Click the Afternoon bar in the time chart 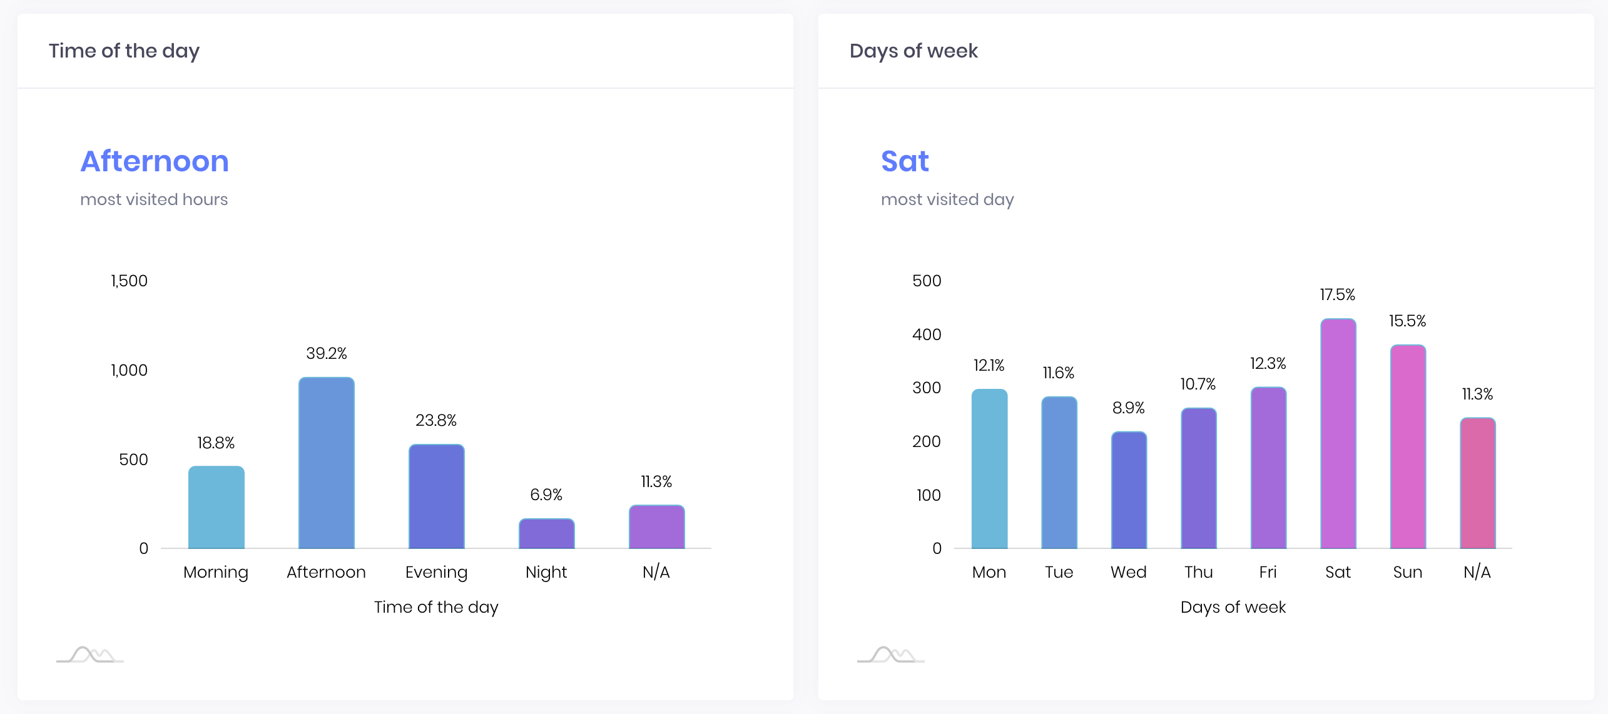pyautogui.click(x=326, y=463)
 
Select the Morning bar pyautogui.click(x=216, y=507)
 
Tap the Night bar pyautogui.click(x=546, y=533)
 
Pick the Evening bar pyautogui.click(x=436, y=496)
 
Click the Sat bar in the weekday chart pyautogui.click(x=1338, y=434)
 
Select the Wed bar pyautogui.click(x=1129, y=490)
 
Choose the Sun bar pyautogui.click(x=1408, y=447)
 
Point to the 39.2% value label pyautogui.click(x=326, y=353)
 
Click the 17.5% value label pyautogui.click(x=1338, y=294)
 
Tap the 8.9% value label pyautogui.click(x=1129, y=408)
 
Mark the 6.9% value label pyautogui.click(x=546, y=495)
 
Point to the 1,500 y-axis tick pyautogui.click(x=129, y=281)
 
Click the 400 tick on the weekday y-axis pyautogui.click(x=927, y=334)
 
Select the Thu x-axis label pyautogui.click(x=1199, y=572)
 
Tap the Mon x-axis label pyautogui.click(x=989, y=572)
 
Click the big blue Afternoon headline pyautogui.click(x=155, y=161)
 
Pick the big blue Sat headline pyautogui.click(x=905, y=161)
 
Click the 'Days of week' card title pyautogui.click(x=913, y=51)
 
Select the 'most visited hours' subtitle pyautogui.click(x=154, y=199)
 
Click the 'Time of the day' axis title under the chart pyautogui.click(x=436, y=607)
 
